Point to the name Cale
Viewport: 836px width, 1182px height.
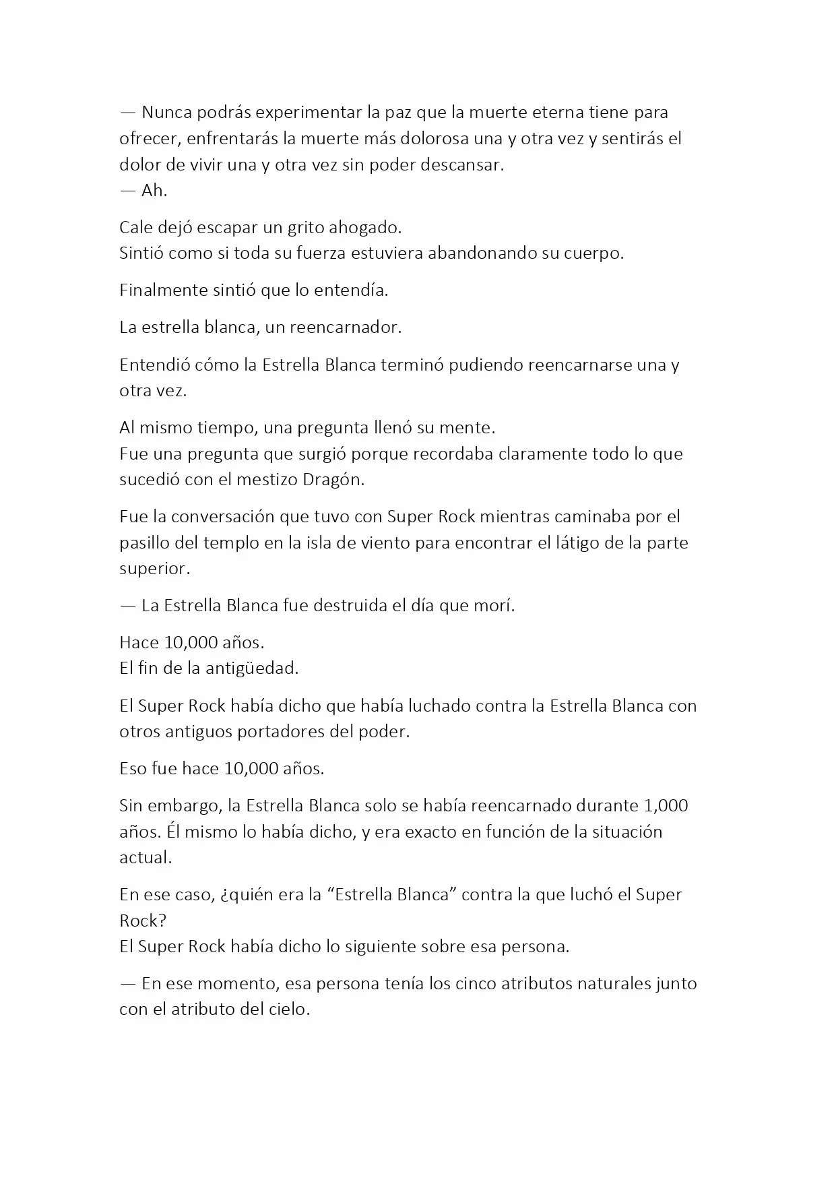[136, 227]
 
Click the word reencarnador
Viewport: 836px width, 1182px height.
[345, 328]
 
